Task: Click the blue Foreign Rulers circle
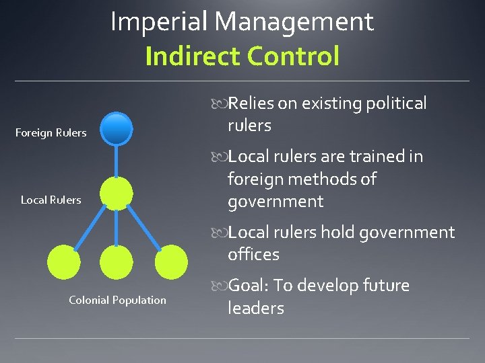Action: (117, 129)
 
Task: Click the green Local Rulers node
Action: (117, 194)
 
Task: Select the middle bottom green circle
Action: (117, 262)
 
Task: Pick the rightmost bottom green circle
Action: (171, 262)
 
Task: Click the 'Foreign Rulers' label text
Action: (51, 133)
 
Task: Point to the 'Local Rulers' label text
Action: (51, 200)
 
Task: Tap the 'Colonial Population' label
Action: (117, 300)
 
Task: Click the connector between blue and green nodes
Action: (117, 161)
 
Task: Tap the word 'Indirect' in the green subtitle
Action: (193, 56)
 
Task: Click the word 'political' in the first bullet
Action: (395, 104)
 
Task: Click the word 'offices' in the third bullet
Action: (253, 255)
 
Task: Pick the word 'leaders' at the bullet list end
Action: (256, 309)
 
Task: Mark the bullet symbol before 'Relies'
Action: (220, 104)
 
